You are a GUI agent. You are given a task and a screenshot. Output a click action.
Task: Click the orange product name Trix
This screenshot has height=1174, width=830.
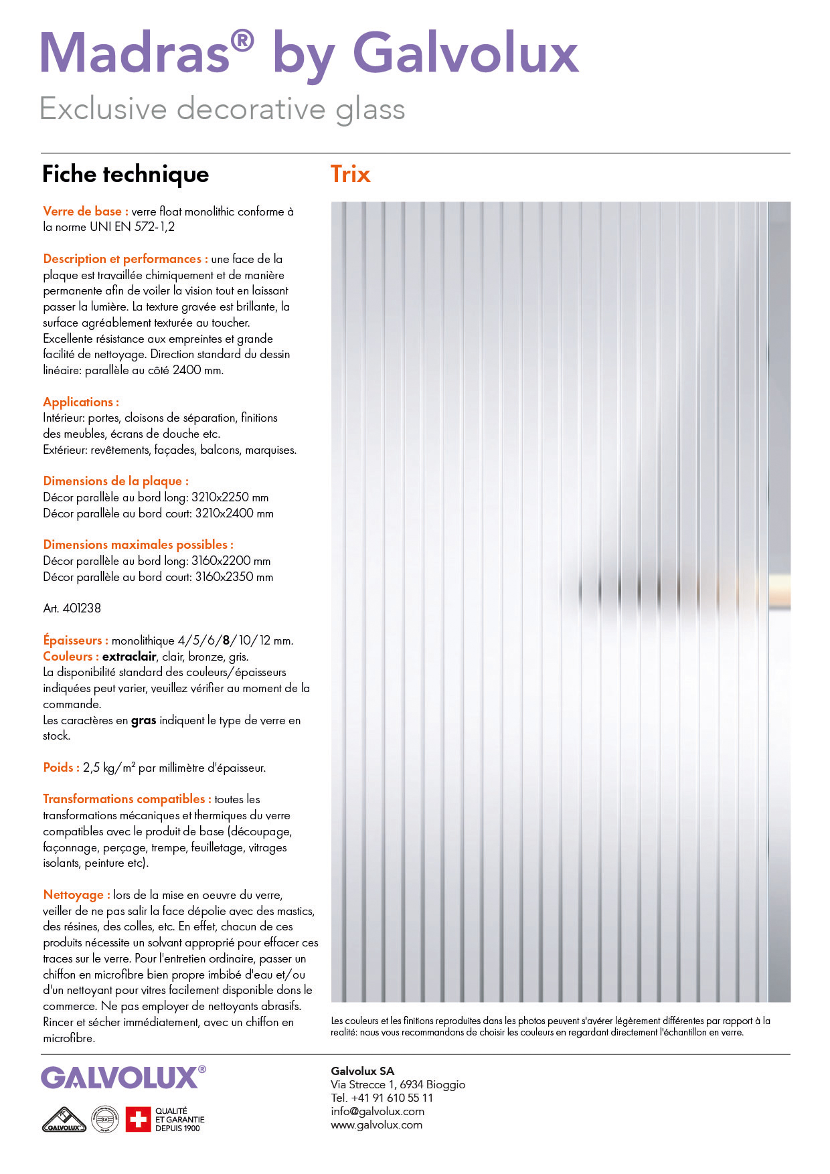pyautogui.click(x=350, y=174)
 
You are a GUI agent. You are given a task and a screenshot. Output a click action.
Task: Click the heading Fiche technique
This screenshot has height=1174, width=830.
pyautogui.click(x=125, y=174)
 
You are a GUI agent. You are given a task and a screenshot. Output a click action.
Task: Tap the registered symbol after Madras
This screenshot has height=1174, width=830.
pyautogui.click(x=242, y=41)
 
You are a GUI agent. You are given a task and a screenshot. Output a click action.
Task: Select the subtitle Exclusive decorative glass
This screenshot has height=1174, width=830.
pyautogui.click(x=222, y=108)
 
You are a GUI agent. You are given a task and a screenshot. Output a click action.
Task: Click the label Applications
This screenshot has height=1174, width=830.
pyautogui.click(x=81, y=402)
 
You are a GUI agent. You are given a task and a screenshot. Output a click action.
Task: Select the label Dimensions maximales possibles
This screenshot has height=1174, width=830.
pyautogui.click(x=138, y=545)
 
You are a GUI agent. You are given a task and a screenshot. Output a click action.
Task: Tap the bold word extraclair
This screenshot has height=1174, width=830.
pyautogui.click(x=129, y=657)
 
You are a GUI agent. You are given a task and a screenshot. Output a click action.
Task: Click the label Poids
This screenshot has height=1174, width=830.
pyautogui.click(x=61, y=768)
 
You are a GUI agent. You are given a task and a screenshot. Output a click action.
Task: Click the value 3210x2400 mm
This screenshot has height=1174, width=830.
pyautogui.click(x=234, y=513)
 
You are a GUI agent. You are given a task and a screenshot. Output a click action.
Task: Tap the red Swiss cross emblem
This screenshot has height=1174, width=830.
pyautogui.click(x=139, y=1119)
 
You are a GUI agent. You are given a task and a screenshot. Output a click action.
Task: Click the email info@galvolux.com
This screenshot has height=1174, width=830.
pyautogui.click(x=378, y=1111)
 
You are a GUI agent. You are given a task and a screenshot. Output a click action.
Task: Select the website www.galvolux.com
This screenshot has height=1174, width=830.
pyautogui.click(x=376, y=1124)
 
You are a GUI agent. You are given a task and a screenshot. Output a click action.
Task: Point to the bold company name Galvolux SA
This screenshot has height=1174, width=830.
pyautogui.click(x=362, y=1071)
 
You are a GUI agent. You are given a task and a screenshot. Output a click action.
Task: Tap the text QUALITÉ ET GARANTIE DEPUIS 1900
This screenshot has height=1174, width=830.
pyautogui.click(x=179, y=1119)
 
